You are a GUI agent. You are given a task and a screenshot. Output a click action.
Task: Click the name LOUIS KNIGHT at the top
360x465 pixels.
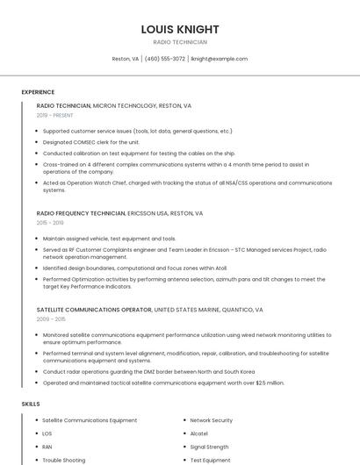180,29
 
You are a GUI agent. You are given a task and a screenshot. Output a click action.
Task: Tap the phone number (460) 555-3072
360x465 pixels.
165,59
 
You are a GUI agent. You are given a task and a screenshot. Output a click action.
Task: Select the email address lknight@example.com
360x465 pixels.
220,59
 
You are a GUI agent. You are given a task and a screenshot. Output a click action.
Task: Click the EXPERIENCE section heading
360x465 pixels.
38,92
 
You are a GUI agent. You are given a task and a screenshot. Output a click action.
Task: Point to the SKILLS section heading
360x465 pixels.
31,404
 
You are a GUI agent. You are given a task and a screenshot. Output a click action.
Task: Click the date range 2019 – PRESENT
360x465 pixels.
55,115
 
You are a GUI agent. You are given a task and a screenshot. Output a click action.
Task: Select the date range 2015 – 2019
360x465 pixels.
50,223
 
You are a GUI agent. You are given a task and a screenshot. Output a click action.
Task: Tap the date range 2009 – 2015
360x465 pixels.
50,319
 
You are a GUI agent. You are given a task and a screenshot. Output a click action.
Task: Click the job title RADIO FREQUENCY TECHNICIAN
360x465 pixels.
82,213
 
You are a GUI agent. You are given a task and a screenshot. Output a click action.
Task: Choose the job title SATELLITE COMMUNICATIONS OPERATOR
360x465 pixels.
94,310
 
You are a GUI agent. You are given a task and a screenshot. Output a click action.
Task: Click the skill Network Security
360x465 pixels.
212,420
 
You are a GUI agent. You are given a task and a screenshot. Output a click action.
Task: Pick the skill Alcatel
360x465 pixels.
199,433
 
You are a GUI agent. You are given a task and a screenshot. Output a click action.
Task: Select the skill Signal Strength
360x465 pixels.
210,447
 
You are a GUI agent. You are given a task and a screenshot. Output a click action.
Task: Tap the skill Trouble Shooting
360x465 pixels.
64,460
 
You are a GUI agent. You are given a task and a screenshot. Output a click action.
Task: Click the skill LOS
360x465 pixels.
47,433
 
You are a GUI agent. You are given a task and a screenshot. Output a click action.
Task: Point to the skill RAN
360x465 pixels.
47,447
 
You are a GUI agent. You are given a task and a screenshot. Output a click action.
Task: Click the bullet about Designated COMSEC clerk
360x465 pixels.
91,141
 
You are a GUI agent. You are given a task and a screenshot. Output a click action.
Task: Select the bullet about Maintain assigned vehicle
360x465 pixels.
109,238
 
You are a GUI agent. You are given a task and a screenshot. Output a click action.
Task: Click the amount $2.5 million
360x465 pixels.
270,383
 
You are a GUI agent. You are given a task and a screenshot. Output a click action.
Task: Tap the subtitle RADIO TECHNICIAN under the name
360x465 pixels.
180,42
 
